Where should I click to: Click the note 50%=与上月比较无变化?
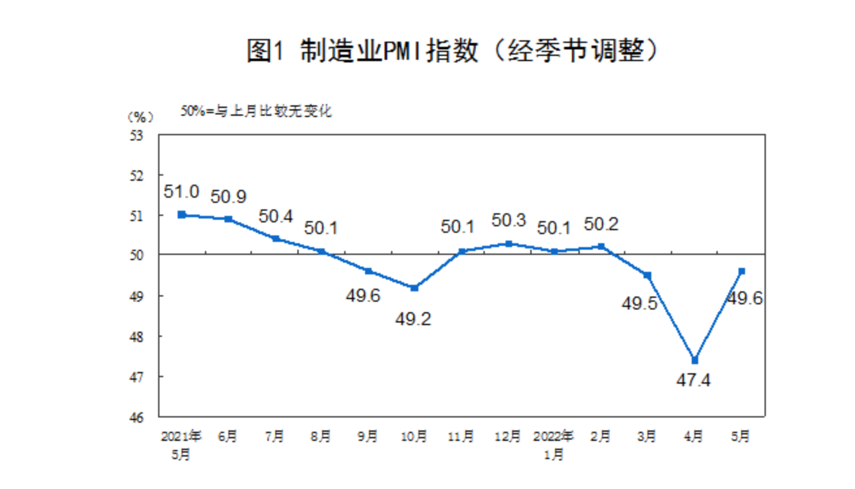coord(256,111)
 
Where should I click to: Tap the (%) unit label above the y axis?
coord(141,117)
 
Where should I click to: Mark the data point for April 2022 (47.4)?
coord(694,360)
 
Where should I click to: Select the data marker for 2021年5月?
coord(182,215)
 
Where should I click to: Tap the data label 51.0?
coord(181,192)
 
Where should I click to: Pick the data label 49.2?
coord(414,319)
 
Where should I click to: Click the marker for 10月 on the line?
coord(414,287)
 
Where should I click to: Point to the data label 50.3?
coord(508,220)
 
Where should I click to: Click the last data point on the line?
coord(741,271)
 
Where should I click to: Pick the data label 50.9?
coord(228,197)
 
